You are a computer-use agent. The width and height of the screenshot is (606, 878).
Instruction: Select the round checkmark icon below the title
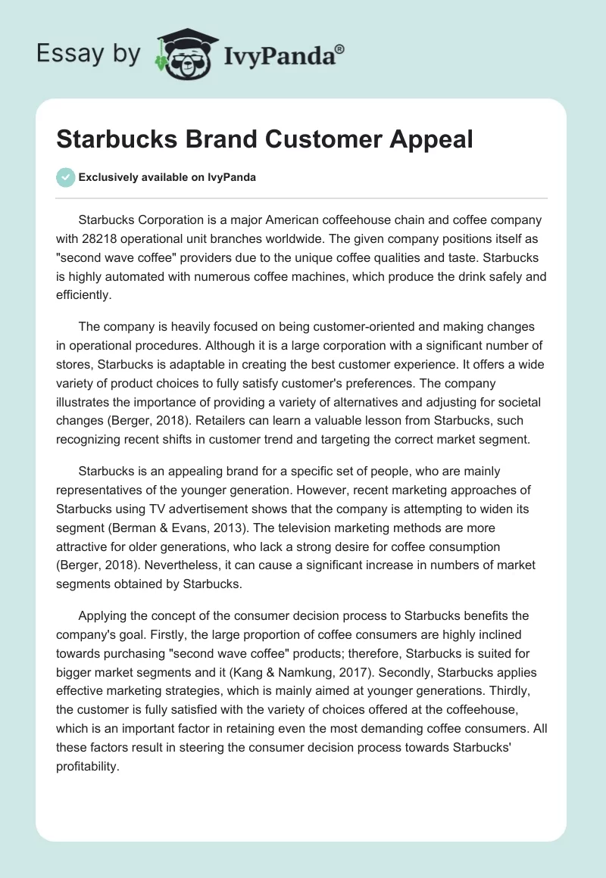65,177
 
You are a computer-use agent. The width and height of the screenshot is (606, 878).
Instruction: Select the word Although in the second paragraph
234,345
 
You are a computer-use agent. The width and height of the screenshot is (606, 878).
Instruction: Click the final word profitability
89,743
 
